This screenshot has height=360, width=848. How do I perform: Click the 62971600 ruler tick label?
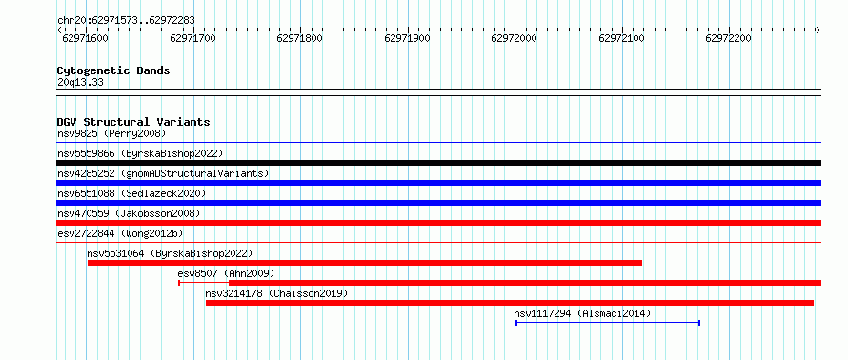86,38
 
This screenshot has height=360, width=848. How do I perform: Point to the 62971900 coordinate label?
407,38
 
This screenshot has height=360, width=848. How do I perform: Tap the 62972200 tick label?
729,38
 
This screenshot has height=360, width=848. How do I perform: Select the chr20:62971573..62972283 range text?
126,21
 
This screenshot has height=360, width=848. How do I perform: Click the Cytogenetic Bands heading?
113,70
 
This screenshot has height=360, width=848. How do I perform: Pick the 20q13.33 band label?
80,83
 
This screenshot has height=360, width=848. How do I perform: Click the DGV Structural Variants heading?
133,122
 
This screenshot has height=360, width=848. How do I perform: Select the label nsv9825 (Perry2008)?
111,133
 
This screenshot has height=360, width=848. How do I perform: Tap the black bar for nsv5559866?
438,163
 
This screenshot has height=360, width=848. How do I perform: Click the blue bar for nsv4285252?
438,183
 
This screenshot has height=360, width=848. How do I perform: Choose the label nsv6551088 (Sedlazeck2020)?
131,193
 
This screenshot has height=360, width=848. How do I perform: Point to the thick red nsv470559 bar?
438,223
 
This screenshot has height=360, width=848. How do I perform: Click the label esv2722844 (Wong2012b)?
120,233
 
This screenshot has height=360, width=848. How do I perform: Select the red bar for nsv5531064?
365,263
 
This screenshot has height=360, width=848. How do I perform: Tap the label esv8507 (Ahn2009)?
226,273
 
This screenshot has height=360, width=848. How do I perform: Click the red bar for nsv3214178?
510,303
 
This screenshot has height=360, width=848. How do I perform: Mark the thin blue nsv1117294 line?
607,323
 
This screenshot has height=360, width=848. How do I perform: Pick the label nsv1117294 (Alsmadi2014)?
582,313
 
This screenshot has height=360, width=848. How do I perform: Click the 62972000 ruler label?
514,38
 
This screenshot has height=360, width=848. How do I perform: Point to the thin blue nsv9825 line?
438,143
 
